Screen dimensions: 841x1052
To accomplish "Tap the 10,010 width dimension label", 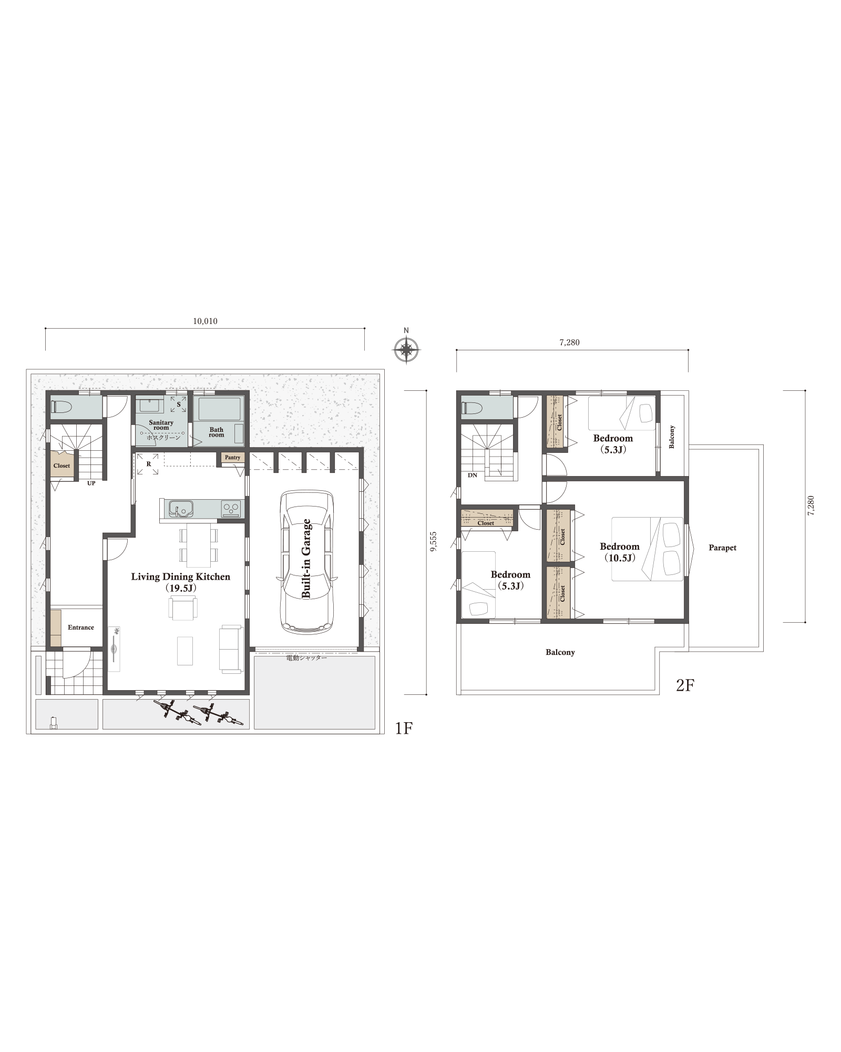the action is (205, 321).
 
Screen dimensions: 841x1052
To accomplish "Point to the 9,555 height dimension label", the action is (433, 542).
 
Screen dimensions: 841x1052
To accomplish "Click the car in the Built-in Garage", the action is (307, 561).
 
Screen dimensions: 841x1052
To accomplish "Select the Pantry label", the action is (232, 458).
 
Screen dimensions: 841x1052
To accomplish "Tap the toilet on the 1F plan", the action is (61, 407).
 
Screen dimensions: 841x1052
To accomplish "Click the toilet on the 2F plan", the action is (471, 408).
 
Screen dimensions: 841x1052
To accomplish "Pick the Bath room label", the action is (217, 432).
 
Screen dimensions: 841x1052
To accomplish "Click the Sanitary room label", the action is (161, 425).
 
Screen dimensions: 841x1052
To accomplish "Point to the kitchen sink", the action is (181, 509).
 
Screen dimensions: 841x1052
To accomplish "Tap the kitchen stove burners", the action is (231, 509).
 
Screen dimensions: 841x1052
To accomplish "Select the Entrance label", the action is (81, 628).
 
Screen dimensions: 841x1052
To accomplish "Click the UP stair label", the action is (91, 483).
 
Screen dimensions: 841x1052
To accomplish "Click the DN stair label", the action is (473, 476).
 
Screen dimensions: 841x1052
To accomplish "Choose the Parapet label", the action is (723, 548).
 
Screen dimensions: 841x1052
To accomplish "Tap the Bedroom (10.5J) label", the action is (620, 552).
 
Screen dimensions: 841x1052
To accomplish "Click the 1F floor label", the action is (404, 728).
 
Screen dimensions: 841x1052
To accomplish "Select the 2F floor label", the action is (685, 685).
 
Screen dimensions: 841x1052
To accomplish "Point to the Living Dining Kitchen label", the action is (181, 577).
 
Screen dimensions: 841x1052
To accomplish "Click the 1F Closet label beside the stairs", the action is (61, 466).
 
